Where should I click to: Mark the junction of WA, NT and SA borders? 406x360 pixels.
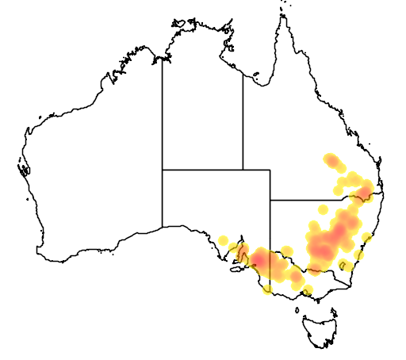click(163, 169)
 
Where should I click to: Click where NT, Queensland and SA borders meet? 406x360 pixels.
click(243, 169)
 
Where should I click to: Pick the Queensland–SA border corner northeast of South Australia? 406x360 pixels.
click(270, 169)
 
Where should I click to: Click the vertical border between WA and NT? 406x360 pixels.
click(163, 111)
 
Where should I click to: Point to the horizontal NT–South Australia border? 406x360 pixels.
click(202, 169)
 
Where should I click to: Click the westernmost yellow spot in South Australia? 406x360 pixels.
click(223, 240)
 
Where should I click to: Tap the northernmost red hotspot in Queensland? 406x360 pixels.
click(332, 163)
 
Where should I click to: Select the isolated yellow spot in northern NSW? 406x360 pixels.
click(323, 210)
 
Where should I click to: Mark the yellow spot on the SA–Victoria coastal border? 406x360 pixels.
click(267, 288)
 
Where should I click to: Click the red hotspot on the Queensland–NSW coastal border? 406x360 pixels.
click(366, 190)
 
